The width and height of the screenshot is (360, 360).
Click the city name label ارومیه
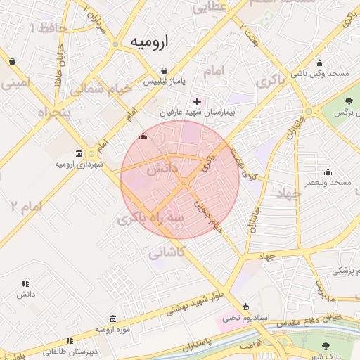pyautogui.click(x=150, y=43)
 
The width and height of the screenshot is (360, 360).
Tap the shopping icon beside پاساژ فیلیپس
pyautogui.click(x=164, y=70)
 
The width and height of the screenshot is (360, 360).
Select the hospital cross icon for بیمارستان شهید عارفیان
pyautogui.click(x=197, y=101)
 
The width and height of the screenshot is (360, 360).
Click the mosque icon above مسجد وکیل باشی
pyautogui.click(x=320, y=63)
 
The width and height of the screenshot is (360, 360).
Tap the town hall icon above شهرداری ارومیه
pyautogui.click(x=79, y=153)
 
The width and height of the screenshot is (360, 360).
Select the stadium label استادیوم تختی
pyautogui.click(x=247, y=317)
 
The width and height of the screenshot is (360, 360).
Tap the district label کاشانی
pyautogui.click(x=166, y=251)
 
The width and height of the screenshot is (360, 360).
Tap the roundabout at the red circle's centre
pyautogui.click(x=183, y=183)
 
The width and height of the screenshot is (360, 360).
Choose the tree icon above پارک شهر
pyautogui.click(x=325, y=345)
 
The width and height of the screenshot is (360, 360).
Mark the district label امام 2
pyautogui.click(x=26, y=206)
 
